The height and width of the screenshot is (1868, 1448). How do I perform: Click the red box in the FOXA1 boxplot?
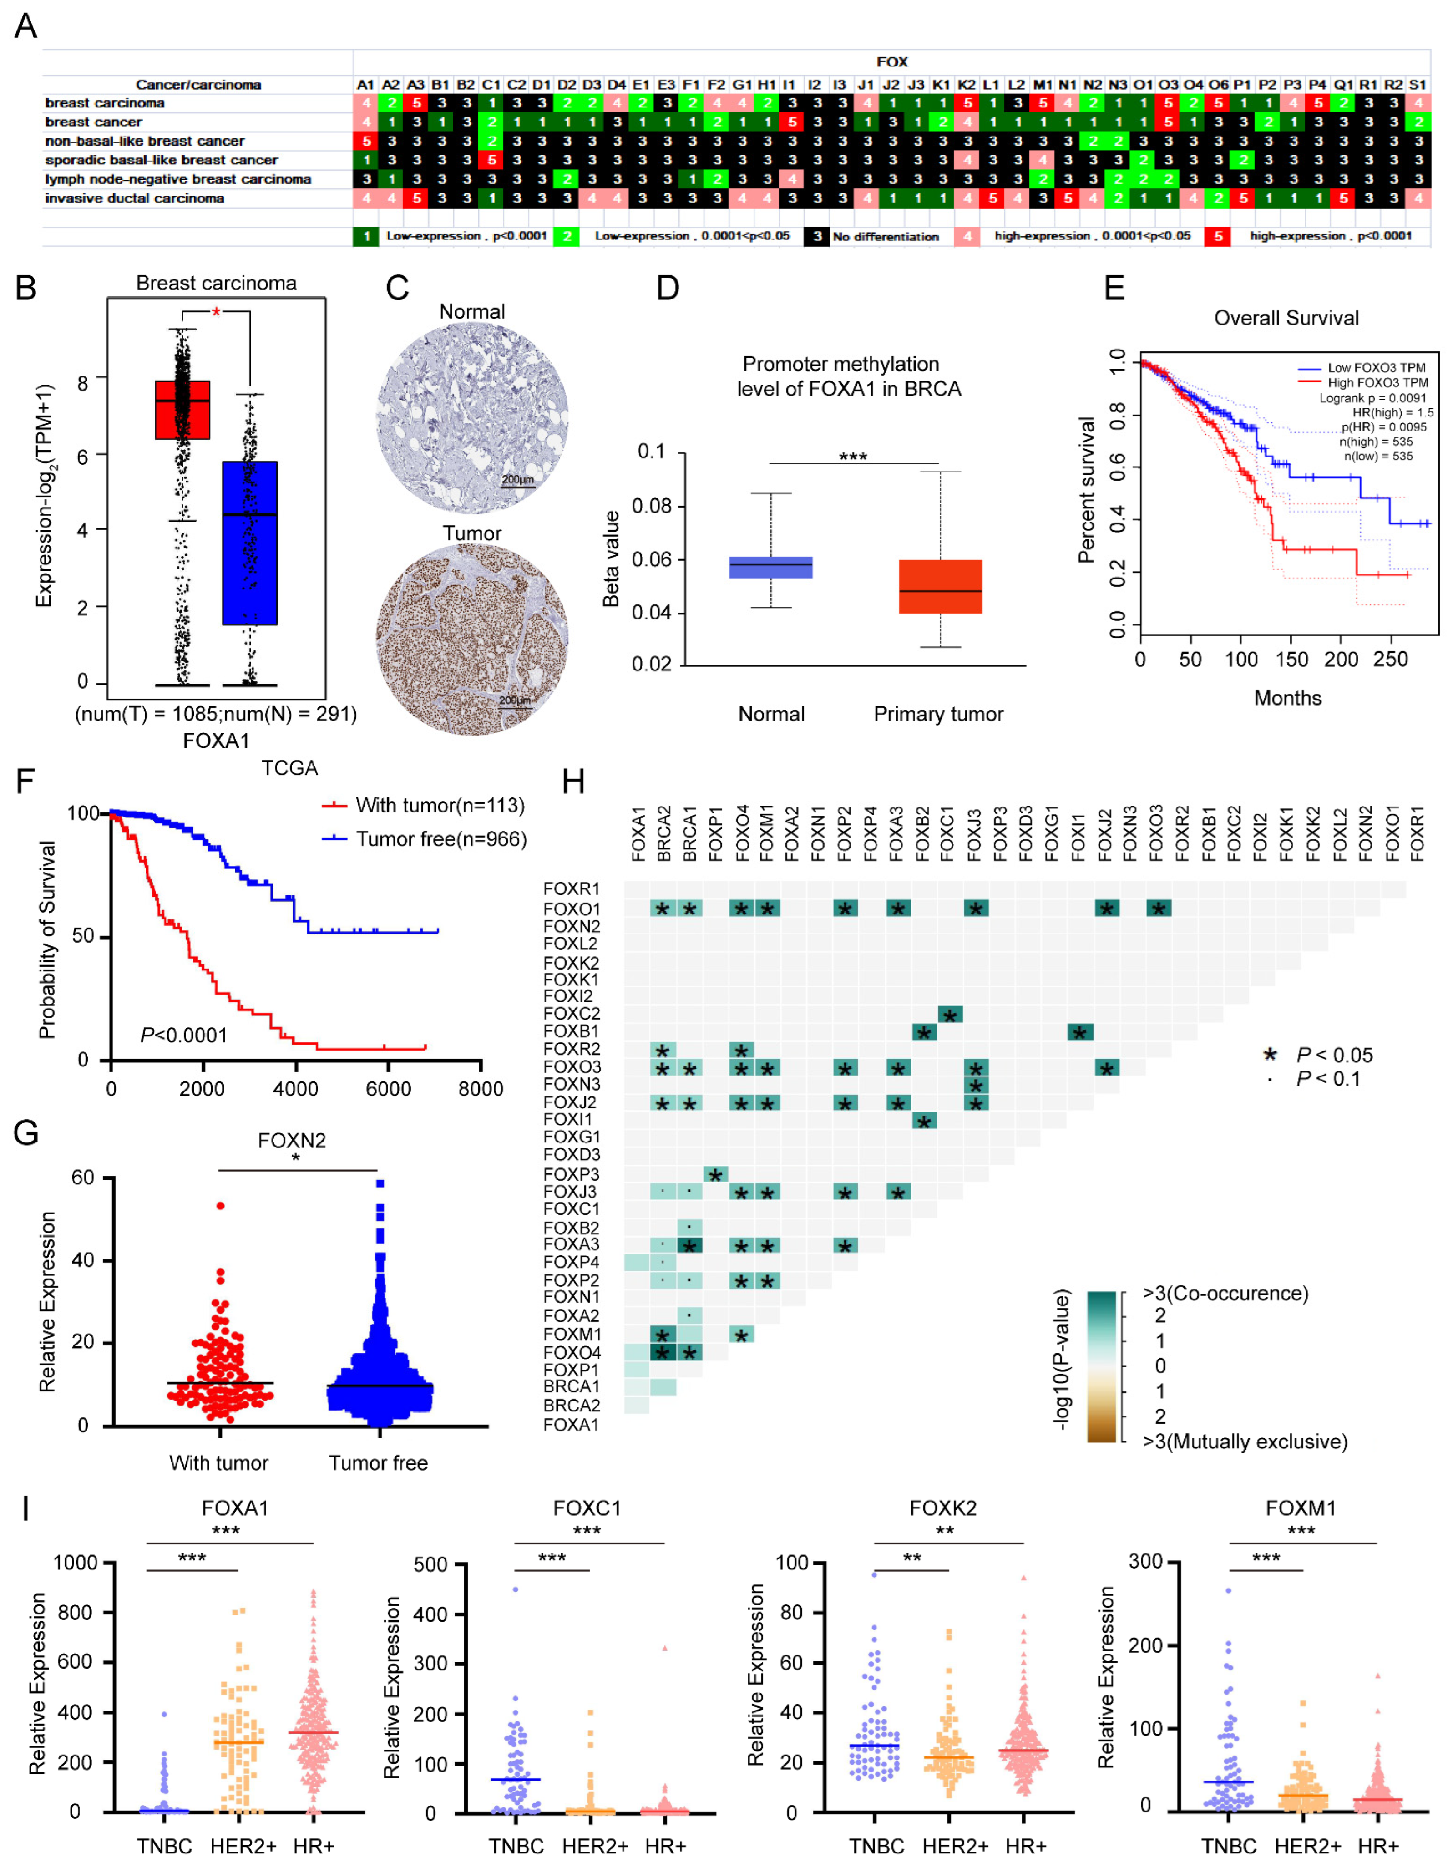(x=182, y=410)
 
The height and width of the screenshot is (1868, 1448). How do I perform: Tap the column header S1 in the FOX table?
(x=1417, y=85)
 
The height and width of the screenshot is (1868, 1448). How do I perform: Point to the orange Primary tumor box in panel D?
(x=940, y=587)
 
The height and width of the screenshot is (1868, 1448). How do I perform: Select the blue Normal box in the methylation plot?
(x=770, y=567)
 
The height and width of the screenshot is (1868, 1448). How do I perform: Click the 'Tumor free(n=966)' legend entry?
(x=440, y=839)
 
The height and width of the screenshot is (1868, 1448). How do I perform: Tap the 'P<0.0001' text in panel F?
(x=184, y=1036)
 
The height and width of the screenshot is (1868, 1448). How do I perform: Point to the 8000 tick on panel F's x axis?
(x=481, y=1089)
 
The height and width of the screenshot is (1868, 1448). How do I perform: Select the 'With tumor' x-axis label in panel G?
(x=219, y=1462)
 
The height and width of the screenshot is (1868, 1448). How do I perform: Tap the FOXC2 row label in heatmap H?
(x=572, y=1014)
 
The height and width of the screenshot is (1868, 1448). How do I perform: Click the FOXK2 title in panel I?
(x=943, y=1508)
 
